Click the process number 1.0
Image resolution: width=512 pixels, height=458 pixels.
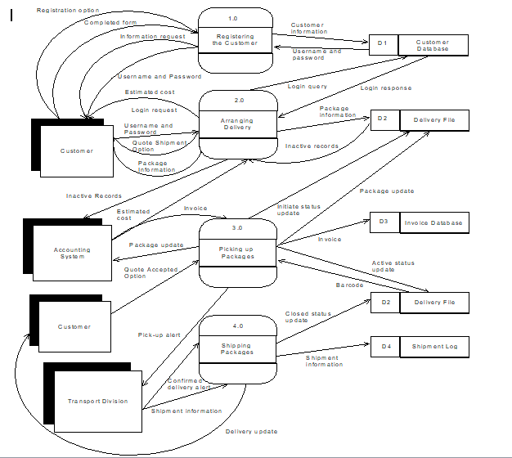235,17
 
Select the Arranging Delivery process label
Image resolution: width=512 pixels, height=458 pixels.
237,123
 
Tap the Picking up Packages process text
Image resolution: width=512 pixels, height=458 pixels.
236,252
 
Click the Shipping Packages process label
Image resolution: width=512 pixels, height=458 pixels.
236,348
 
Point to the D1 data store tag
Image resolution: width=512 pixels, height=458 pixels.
384,43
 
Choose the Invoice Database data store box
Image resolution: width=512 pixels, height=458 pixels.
433,222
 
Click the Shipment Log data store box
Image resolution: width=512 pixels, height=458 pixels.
434,347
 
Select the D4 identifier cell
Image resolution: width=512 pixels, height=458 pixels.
384,347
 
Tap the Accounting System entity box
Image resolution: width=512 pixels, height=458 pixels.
72,254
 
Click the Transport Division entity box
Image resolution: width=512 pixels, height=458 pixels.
97,401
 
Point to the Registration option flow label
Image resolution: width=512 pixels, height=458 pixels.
68,11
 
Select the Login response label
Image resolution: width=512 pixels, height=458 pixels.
385,88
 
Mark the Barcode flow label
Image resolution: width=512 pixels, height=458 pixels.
349,285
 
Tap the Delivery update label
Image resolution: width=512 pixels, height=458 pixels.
251,431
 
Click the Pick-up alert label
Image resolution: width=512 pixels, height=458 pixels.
159,335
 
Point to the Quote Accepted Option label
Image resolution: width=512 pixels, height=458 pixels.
151,272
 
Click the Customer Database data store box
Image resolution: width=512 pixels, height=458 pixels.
433,45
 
